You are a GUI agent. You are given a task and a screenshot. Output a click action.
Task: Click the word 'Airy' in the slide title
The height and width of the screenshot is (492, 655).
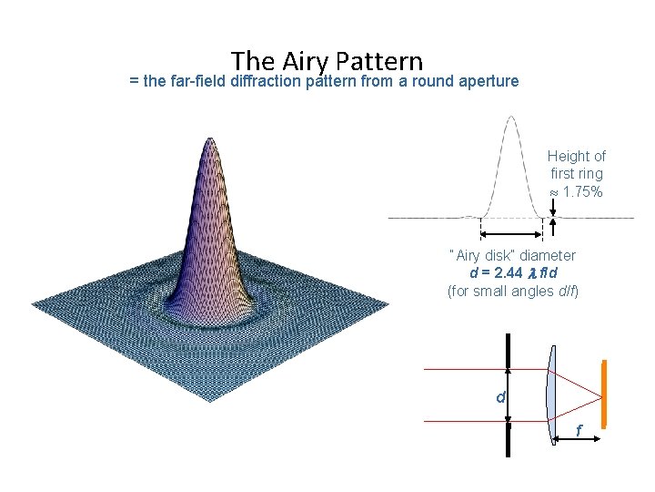tap(307, 61)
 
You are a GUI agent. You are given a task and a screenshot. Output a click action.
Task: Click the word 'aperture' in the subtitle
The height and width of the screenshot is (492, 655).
tap(489, 81)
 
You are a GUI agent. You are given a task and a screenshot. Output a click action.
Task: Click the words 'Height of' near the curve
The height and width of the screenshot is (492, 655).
tap(576, 157)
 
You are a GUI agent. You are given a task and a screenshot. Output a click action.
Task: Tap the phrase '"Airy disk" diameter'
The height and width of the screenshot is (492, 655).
tap(512, 255)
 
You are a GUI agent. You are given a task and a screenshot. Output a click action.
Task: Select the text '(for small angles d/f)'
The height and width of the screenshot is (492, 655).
tap(512, 292)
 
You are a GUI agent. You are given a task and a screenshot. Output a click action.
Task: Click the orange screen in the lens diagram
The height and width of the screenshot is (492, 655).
tap(603, 396)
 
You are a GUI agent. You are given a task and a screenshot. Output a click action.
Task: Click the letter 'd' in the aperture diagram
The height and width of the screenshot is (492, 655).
tap(499, 397)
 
